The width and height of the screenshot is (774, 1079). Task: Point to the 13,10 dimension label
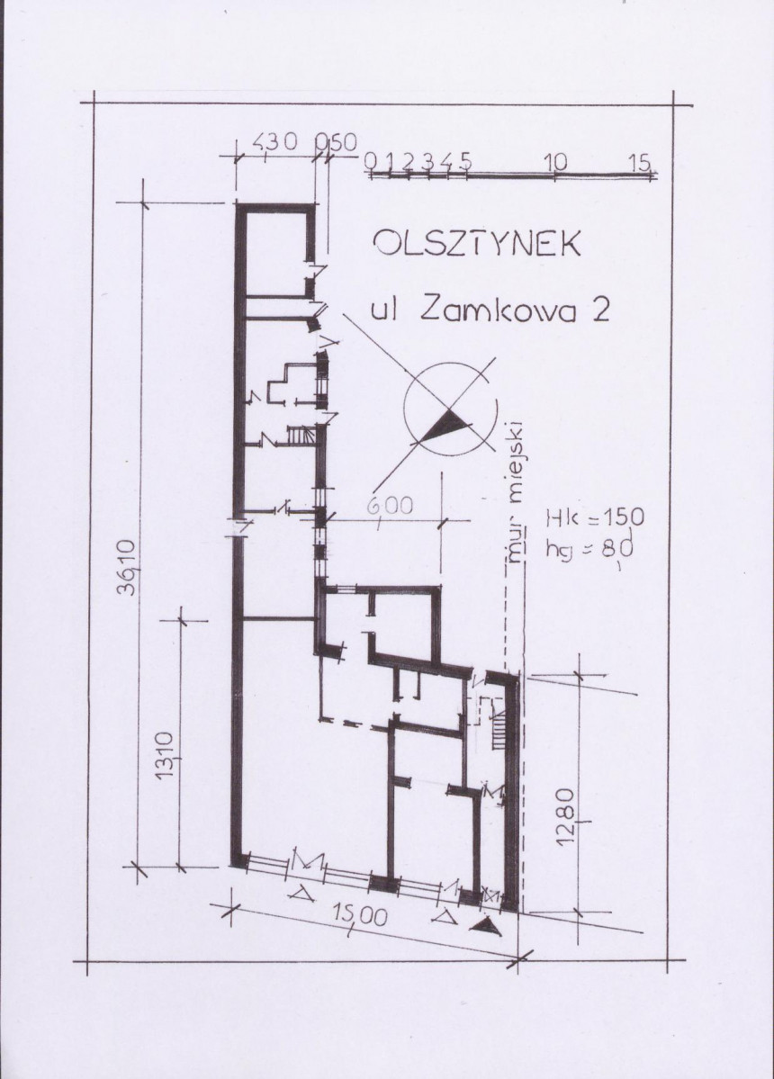pyautogui.click(x=167, y=755)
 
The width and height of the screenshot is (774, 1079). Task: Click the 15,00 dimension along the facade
pyautogui.click(x=360, y=915)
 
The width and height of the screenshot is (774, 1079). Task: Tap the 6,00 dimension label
pyautogui.click(x=390, y=507)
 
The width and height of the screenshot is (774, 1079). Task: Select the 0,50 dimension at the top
pyautogui.click(x=337, y=142)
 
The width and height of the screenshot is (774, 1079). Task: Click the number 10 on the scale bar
pyautogui.click(x=555, y=162)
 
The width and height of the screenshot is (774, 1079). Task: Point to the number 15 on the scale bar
pyautogui.click(x=639, y=162)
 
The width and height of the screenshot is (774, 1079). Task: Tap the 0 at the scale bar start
pyautogui.click(x=370, y=161)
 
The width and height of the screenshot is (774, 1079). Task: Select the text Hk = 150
pyautogui.click(x=594, y=517)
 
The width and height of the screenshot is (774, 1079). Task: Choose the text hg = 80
pyautogui.click(x=589, y=548)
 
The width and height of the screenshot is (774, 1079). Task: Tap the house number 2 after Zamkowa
pyautogui.click(x=600, y=310)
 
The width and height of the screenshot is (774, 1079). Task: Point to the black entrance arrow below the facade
pyautogui.click(x=485, y=925)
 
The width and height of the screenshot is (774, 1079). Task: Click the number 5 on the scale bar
pyautogui.click(x=466, y=162)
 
